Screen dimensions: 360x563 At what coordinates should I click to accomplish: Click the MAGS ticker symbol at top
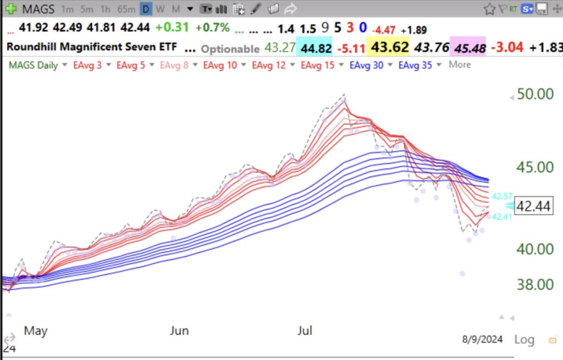38,9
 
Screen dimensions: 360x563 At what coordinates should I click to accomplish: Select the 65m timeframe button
126,9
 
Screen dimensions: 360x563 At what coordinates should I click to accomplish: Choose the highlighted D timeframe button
146,9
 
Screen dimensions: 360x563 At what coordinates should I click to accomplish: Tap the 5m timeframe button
87,9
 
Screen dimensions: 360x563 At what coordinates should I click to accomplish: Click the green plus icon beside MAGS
10,9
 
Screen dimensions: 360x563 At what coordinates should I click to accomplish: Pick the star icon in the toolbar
489,9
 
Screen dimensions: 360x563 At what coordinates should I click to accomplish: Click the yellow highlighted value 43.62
390,48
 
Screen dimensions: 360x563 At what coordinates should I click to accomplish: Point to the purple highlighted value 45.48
467,48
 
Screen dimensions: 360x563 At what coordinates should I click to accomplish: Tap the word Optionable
230,49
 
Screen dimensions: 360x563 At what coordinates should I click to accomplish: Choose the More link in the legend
460,65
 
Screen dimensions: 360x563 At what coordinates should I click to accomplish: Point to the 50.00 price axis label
535,94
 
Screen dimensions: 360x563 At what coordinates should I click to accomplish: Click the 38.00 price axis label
535,285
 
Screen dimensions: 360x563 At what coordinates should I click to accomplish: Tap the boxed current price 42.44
533,206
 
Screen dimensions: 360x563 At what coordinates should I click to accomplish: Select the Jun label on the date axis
179,330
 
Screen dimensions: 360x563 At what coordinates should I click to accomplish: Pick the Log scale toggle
523,340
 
